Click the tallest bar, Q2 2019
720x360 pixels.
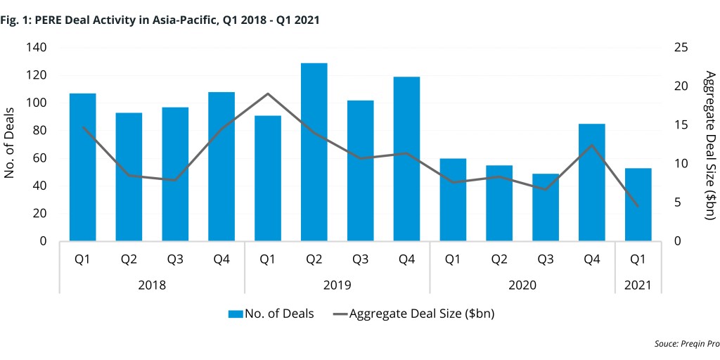(314, 152)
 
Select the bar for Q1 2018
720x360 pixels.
(82, 167)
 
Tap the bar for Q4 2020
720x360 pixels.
(592, 182)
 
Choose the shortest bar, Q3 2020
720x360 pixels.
(546, 207)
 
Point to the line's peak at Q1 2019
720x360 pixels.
(267, 94)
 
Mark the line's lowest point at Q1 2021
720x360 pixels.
(638, 206)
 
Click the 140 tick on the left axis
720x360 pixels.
(36, 48)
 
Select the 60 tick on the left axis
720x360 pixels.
(39, 158)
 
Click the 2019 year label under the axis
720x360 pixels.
(337, 285)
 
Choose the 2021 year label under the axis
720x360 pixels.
(638, 285)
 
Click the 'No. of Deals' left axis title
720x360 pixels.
(11, 145)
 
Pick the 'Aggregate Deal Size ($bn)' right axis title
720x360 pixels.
(709, 145)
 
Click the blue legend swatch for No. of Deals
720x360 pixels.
(235, 314)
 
